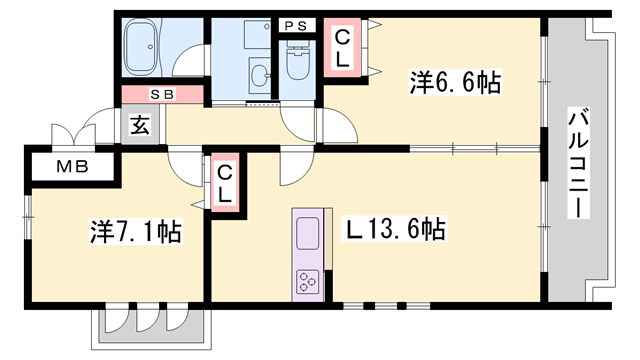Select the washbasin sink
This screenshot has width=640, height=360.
(x=260, y=76)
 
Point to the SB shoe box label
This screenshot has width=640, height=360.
(x=162, y=94)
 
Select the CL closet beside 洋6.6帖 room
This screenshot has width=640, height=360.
(x=342, y=49)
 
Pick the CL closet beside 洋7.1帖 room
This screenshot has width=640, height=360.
(x=225, y=182)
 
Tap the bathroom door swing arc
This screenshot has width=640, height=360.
(x=186, y=64)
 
